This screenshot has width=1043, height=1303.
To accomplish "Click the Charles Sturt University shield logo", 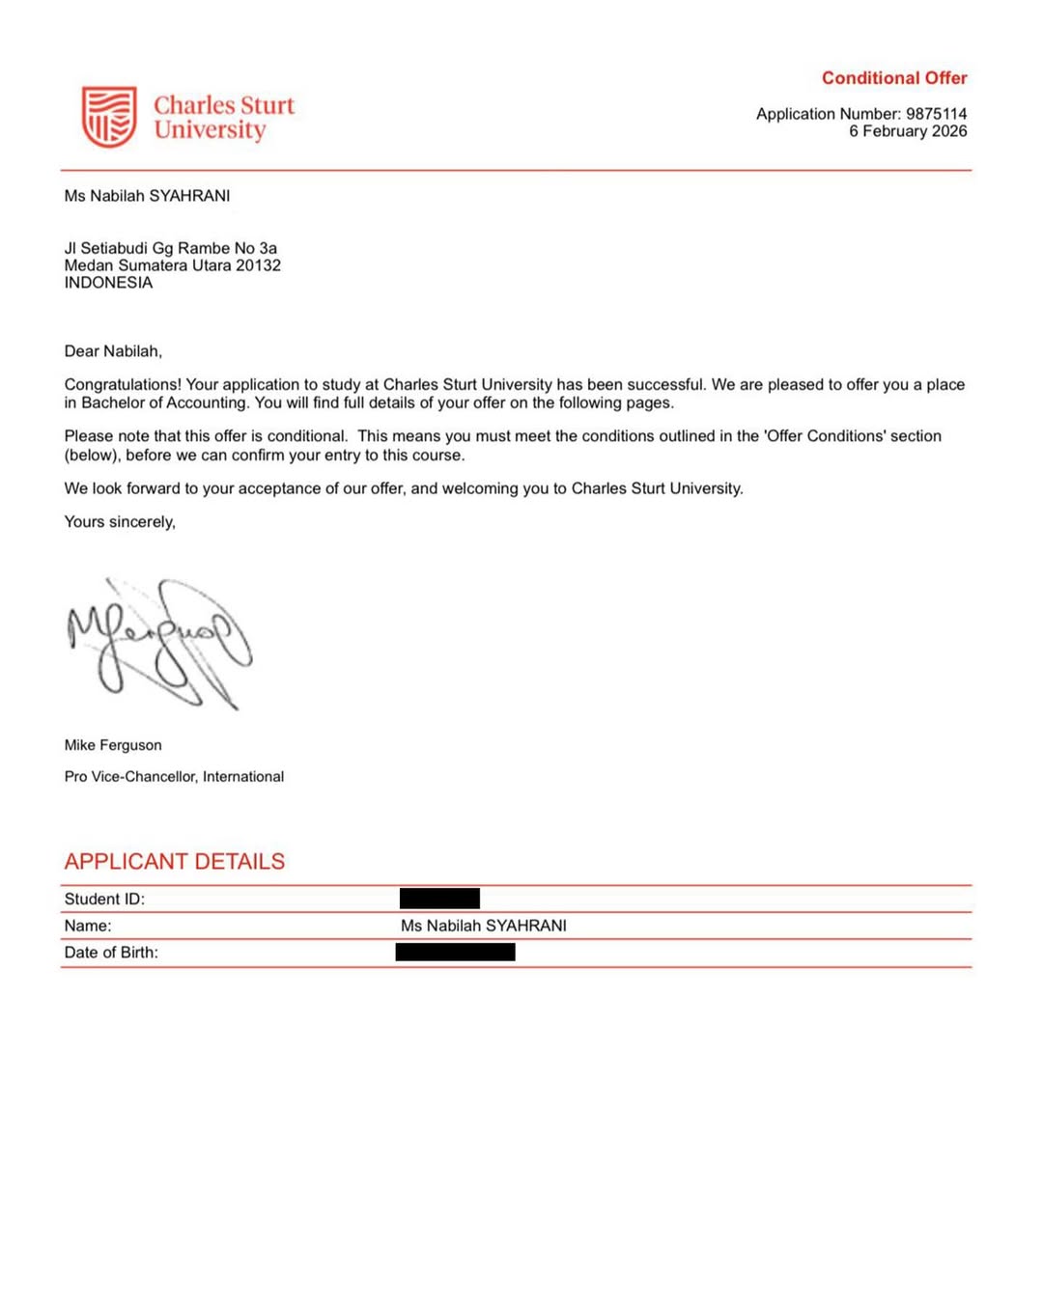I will coord(108,117).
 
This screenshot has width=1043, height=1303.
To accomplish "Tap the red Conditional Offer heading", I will coord(893,78).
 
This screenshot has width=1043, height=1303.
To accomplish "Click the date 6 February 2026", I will coord(908,131).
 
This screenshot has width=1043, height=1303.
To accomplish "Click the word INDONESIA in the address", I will coord(108,283).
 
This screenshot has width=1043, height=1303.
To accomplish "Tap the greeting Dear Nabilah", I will coord(113,351).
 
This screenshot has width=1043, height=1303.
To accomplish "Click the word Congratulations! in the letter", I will coord(123,384).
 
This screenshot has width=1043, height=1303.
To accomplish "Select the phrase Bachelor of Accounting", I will coord(164,402).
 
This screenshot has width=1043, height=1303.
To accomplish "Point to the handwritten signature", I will coord(159,642).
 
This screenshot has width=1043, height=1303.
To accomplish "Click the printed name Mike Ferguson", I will coord(113,745).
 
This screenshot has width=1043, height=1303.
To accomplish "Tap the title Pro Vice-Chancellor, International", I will coord(174,776).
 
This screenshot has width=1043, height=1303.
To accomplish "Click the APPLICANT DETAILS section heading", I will coord(175,861).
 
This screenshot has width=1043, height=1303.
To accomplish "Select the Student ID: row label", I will coord(104,899).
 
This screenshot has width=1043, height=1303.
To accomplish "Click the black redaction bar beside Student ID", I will coord(439,899).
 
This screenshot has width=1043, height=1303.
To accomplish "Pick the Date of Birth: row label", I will coord(111,953).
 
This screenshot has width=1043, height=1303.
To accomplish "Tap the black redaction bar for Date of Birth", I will coord(455,953).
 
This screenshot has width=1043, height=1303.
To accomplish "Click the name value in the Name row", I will coord(483,926).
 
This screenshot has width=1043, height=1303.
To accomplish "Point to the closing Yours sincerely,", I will coord(120,522).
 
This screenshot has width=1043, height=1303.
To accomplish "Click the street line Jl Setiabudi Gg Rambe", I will coord(170,248).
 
